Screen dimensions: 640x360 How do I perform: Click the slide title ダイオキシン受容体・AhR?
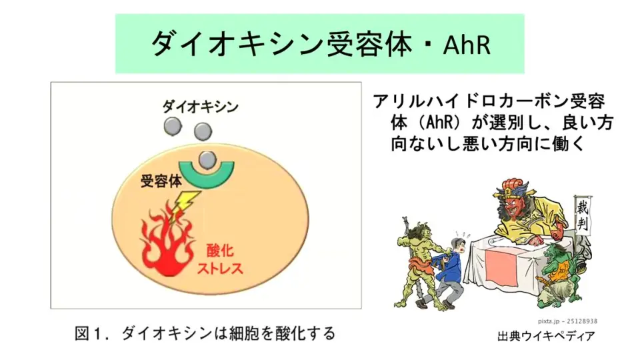tap(321, 44)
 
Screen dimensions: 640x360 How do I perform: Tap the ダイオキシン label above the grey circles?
tap(200, 107)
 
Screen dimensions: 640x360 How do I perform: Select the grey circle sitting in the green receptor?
tap(207, 160)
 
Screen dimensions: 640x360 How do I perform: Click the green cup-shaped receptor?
tap(207, 175)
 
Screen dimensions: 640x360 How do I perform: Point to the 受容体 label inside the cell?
tap(161, 181)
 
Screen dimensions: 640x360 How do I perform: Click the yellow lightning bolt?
tap(183, 205)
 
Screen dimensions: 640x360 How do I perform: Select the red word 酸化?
tap(220, 251)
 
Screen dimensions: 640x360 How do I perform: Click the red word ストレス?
tap(219, 268)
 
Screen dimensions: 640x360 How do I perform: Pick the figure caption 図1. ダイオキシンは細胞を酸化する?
tap(205, 333)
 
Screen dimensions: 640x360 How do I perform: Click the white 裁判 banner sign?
tap(583, 214)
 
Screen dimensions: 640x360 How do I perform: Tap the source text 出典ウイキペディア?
tap(546, 336)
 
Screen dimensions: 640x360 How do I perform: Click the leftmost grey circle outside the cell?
tap(173, 126)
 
